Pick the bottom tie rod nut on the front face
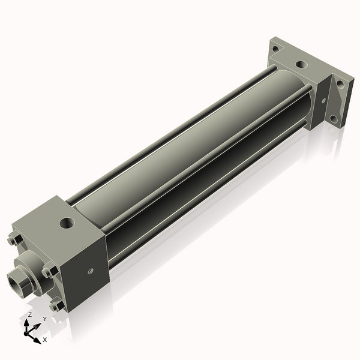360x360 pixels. coord(55,307)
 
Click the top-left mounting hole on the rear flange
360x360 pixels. coord(275,49)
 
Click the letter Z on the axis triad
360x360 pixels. coord(30,315)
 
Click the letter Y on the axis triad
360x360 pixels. coord(44,319)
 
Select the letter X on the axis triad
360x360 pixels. coord(45,340)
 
